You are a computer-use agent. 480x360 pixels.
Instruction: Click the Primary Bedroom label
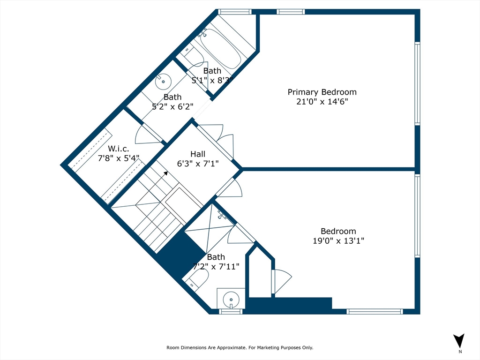tap(322, 92)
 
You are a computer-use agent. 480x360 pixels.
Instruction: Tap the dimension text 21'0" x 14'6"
tap(322, 102)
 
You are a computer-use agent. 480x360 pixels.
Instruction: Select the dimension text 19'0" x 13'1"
tap(338, 241)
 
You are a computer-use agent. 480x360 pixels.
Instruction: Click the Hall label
tap(197, 154)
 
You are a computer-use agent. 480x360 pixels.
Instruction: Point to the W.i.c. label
tap(118, 149)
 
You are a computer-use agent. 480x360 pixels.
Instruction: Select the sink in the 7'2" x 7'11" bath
tap(231, 298)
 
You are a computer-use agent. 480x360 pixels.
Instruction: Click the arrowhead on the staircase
tap(165, 173)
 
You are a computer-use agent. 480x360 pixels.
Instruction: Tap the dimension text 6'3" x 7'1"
tap(197, 163)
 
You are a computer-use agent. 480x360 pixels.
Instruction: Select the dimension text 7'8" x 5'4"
tap(118, 158)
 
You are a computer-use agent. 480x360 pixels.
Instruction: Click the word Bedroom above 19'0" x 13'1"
tap(338, 231)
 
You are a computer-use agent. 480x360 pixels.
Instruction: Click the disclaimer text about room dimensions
tap(240, 348)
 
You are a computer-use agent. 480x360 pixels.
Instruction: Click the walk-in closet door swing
tap(148, 135)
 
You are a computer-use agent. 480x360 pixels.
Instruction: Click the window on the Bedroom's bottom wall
tap(375, 311)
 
